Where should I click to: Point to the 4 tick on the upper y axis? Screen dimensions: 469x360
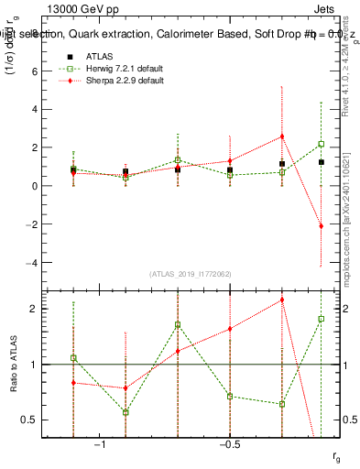click(37, 109)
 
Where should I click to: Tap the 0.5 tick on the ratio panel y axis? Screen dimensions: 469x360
click(31, 420)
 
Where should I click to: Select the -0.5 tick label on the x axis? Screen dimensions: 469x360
click(229, 445)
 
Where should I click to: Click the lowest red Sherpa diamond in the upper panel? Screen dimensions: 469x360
click(321, 225)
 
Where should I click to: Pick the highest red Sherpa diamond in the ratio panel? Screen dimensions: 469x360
click(282, 300)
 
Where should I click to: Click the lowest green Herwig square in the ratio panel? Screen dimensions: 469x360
click(125, 412)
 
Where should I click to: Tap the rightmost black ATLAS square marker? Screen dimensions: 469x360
click(321, 162)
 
